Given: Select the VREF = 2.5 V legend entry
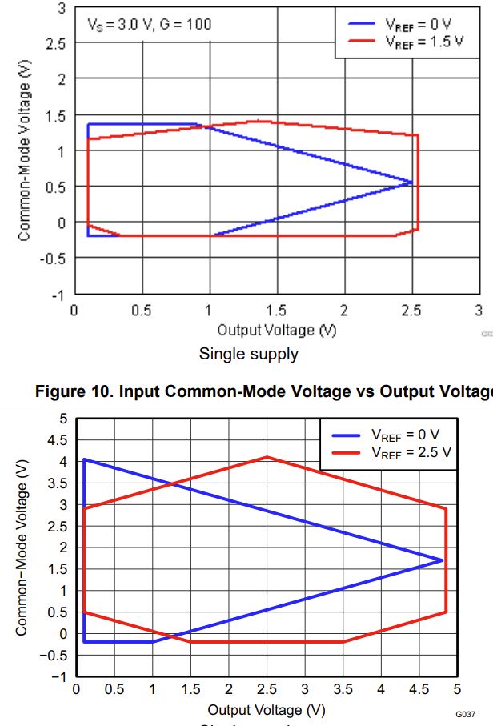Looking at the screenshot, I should pyautogui.click(x=411, y=452).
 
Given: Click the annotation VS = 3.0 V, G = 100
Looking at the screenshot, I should pyautogui.click(x=149, y=24).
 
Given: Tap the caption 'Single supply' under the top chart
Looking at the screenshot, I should pyautogui.click(x=248, y=354).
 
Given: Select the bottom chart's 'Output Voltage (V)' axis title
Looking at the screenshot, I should pyautogui.click(x=267, y=710).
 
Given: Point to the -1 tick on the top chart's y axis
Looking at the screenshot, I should pyautogui.click(x=59, y=294).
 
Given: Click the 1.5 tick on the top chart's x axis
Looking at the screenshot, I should pyautogui.click(x=277, y=311).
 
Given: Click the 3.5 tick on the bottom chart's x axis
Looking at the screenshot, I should pyautogui.click(x=343, y=689).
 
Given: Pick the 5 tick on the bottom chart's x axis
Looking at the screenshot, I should pyautogui.click(x=457, y=689).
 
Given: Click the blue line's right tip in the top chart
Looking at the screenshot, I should pyautogui.click(x=414, y=183).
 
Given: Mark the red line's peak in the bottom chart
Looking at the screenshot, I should pyautogui.click(x=267, y=457).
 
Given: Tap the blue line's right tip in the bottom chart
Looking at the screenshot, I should pyautogui.click(x=443, y=560).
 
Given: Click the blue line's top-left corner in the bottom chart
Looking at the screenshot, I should pyautogui.click(x=84, y=459).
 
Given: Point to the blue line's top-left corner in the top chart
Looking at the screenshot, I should pyautogui.click(x=88, y=124).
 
